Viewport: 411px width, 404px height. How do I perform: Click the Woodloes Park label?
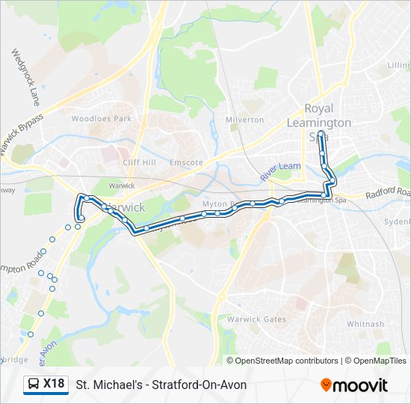point(101,119)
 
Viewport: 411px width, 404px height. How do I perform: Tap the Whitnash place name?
point(365,324)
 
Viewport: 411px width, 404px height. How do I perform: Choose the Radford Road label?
point(387,195)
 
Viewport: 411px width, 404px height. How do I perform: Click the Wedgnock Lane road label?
point(25,77)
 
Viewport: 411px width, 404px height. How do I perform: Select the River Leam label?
point(280,171)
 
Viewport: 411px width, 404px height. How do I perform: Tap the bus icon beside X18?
point(33,385)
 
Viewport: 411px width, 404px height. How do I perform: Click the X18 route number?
point(53,384)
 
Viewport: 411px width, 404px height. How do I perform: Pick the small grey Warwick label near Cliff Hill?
point(121,186)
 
